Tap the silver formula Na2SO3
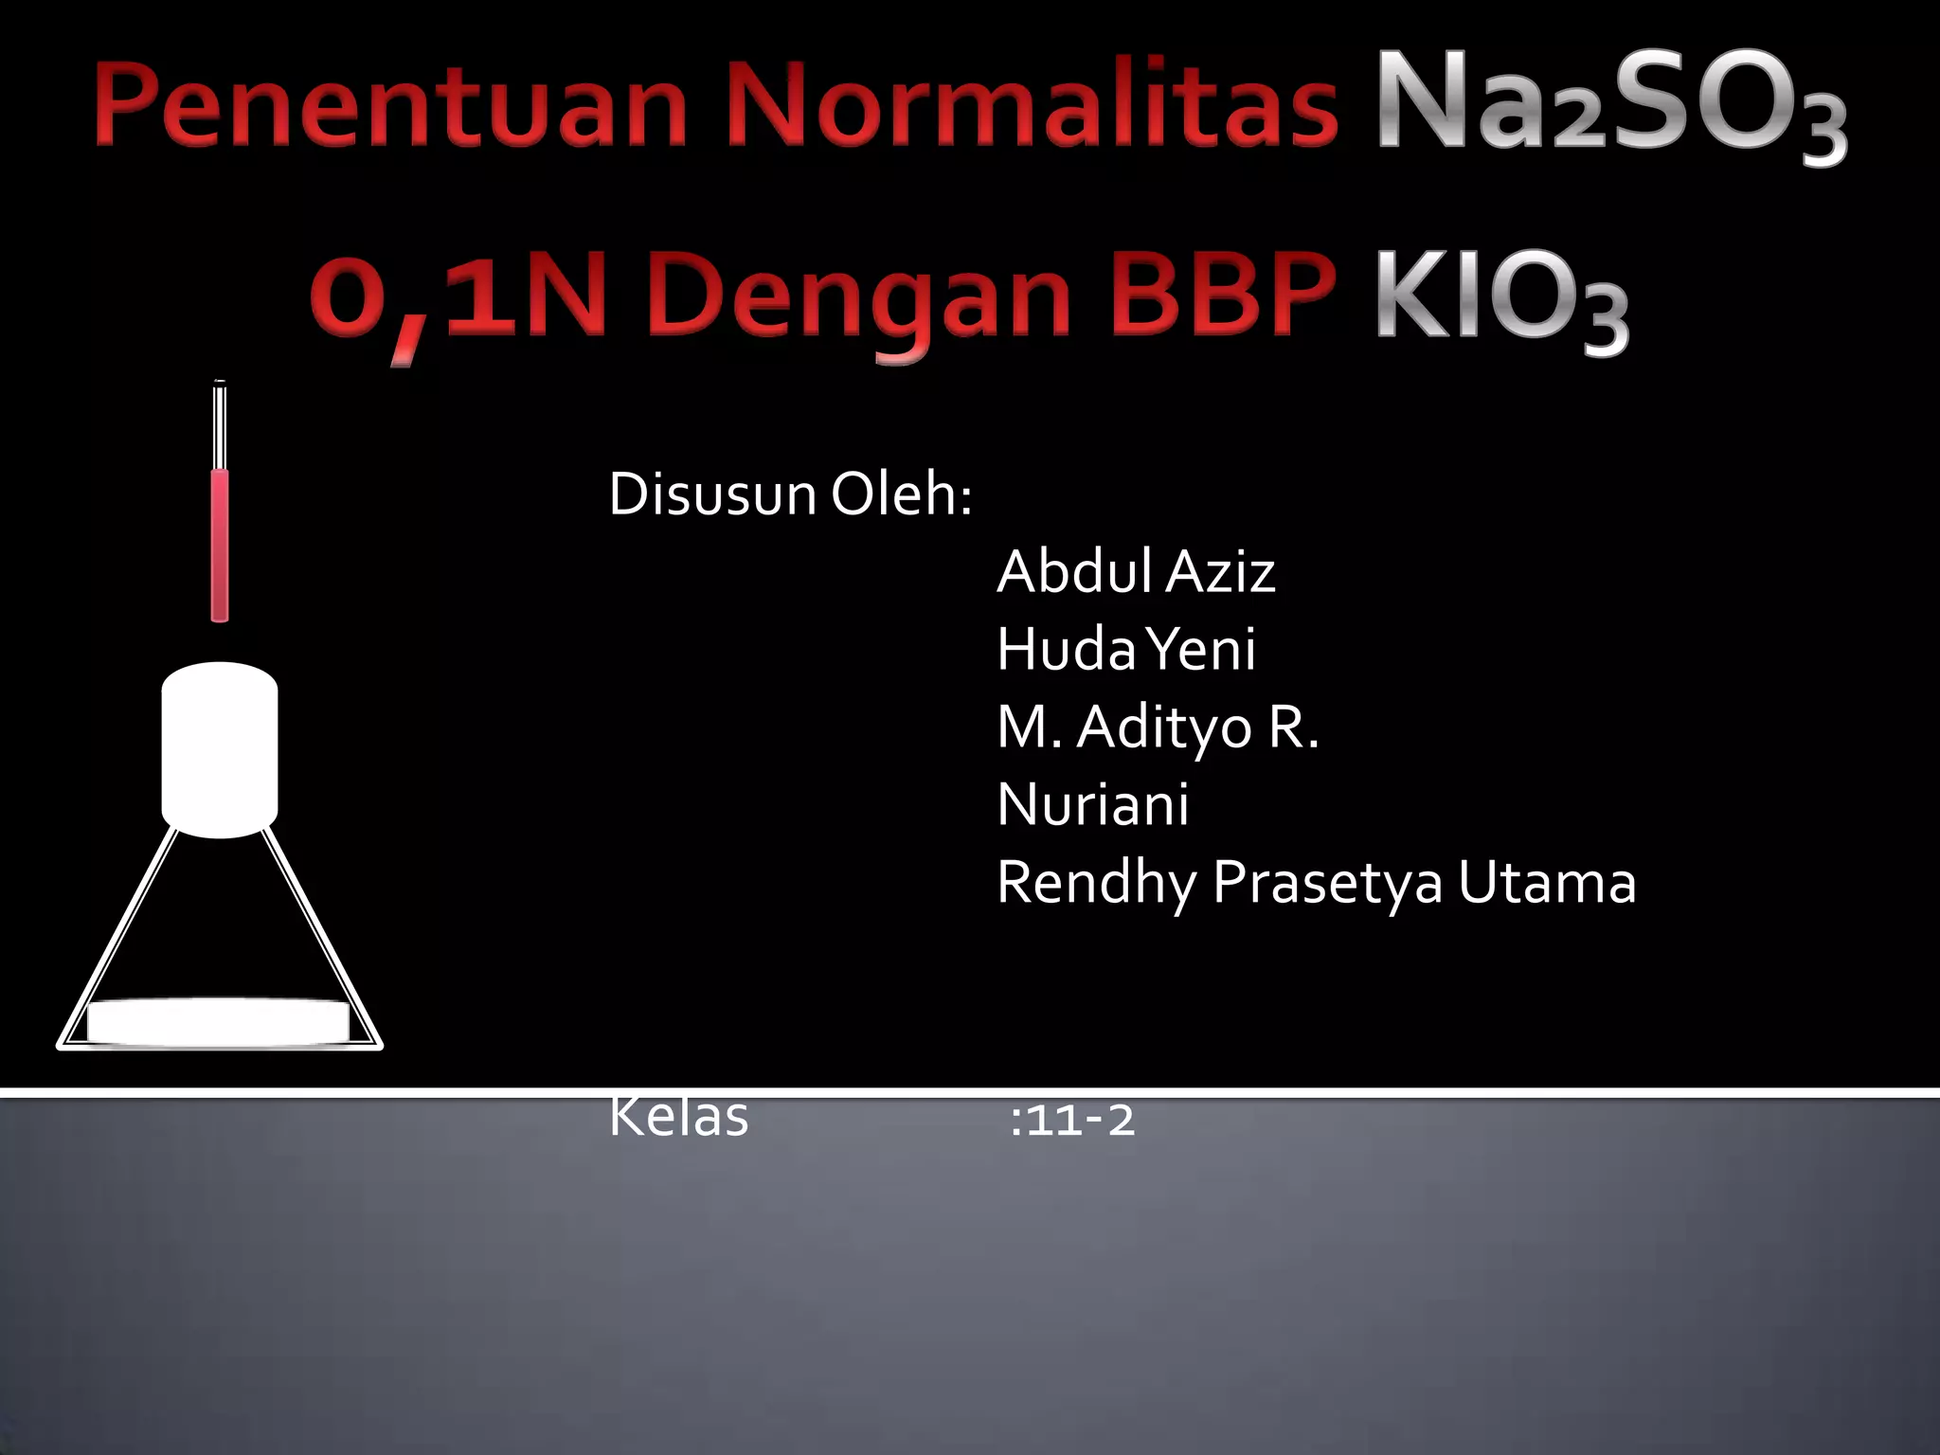pyautogui.click(x=1610, y=106)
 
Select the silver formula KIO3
pyautogui.click(x=1500, y=297)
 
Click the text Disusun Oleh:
pyautogui.click(x=790, y=494)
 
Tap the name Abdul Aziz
pyautogui.click(x=1135, y=572)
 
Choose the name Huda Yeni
pyautogui.click(x=1125, y=650)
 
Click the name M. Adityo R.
pyautogui.click(x=1158, y=727)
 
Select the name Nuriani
pyautogui.click(x=1092, y=805)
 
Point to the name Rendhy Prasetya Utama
pyautogui.click(x=1316, y=883)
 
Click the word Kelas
pyautogui.click(x=678, y=1118)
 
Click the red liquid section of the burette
pyautogui.click(x=220, y=545)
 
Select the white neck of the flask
pyautogui.click(x=220, y=748)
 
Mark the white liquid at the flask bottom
pyautogui.click(x=218, y=1022)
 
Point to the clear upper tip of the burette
pyautogui.click(x=220, y=422)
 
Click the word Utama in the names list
pyautogui.click(x=1546, y=883)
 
